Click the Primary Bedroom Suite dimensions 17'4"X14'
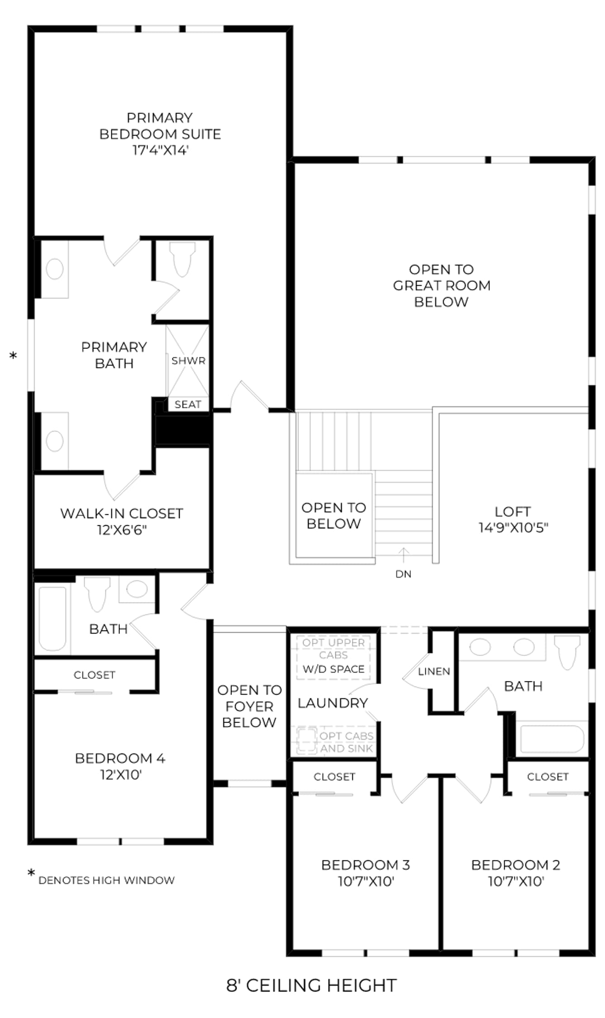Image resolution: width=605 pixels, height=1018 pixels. click(x=160, y=150)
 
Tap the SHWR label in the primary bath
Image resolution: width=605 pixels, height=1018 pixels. click(x=188, y=361)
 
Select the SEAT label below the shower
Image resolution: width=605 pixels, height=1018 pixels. click(x=188, y=404)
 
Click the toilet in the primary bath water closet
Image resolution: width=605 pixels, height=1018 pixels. click(x=182, y=259)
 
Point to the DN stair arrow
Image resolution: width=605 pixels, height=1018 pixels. click(x=404, y=556)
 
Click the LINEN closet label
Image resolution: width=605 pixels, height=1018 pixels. click(x=434, y=671)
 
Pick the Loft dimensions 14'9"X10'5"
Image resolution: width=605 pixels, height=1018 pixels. click(x=514, y=528)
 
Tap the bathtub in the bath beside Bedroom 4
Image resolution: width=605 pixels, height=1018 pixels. click(x=52, y=618)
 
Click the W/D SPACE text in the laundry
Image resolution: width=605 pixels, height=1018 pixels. click(x=333, y=669)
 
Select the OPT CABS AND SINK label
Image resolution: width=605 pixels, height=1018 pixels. click(x=347, y=742)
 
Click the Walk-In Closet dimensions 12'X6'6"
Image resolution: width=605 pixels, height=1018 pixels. click(x=122, y=530)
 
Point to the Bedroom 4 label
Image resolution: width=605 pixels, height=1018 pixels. click(x=120, y=758)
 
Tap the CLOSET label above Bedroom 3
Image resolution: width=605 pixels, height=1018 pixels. click(x=334, y=777)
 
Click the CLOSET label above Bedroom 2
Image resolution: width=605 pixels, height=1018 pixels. click(x=548, y=777)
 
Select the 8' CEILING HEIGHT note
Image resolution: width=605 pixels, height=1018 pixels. click(x=311, y=985)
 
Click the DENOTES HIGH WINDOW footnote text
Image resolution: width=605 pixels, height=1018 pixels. click(x=106, y=880)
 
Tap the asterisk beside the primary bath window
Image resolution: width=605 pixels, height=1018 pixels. click(x=13, y=356)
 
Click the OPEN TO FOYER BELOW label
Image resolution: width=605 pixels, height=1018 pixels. click(x=249, y=706)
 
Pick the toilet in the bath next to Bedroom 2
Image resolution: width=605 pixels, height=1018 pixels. click(x=567, y=652)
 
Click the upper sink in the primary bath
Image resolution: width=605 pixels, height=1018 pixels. click(x=55, y=269)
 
